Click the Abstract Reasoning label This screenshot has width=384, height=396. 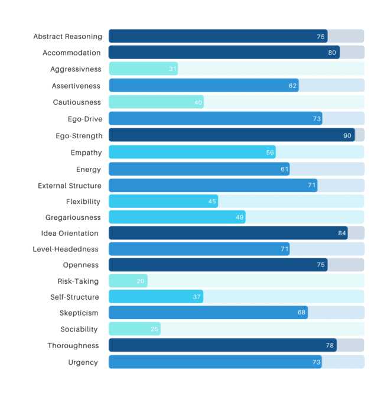[68, 37]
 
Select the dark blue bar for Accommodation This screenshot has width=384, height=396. [224, 52]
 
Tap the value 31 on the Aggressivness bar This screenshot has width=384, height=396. [173, 69]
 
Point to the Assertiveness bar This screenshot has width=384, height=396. [204, 85]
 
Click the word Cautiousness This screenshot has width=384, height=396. [77, 102]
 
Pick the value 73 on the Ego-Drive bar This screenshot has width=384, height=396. [317, 119]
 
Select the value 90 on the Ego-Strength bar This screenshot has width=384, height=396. [347, 135]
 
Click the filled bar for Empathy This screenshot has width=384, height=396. [192, 152]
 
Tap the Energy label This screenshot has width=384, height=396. [89, 170]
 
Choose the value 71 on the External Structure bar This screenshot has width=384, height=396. [311, 186]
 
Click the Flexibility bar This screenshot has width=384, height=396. [163, 202]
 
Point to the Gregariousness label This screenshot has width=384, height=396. [73, 218]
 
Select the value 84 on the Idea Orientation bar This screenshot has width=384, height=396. [342, 233]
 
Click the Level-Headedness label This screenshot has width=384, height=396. [66, 249]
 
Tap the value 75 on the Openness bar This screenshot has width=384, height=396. [321, 265]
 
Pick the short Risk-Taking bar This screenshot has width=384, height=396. [128, 281]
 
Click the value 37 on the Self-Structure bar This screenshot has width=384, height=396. [197, 297]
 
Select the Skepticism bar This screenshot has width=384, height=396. [209, 313]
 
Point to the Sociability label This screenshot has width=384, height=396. [79, 329]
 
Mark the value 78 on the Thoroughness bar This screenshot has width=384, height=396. [330, 345]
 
